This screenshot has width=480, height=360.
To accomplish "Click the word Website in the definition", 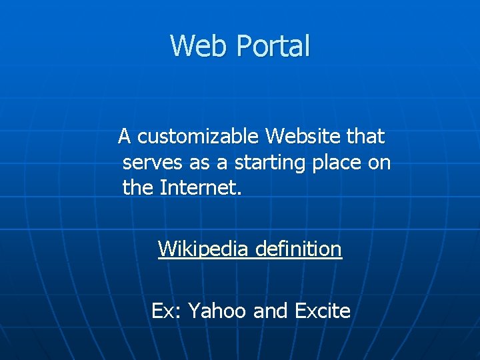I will point(303,137).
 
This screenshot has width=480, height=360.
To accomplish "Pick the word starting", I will point(257,163).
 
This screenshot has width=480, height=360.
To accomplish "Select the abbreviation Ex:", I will point(165,311).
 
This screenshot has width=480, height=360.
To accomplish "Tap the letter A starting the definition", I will point(125,137).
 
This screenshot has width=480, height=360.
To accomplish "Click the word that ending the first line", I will point(365,137).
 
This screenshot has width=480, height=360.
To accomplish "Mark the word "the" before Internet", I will point(138,187).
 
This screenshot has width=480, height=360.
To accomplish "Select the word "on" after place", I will point(379,163).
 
